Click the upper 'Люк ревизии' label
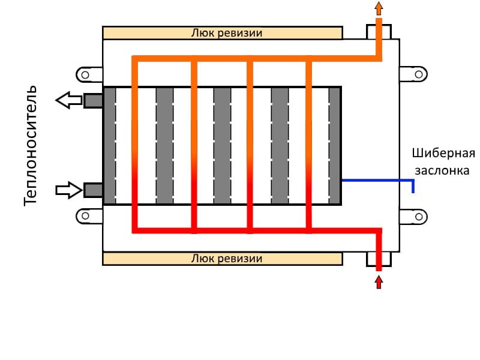226,32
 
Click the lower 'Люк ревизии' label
226,259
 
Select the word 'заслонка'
441,170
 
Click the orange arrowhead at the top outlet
378,8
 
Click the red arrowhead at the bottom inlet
378,281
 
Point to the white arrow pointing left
69,100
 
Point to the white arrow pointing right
69,190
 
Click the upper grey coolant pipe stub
93,101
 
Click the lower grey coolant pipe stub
93,190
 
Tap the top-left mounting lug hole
85,74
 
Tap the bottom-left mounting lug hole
85,215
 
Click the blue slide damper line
378,179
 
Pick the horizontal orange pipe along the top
252,58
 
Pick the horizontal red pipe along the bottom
252,230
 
